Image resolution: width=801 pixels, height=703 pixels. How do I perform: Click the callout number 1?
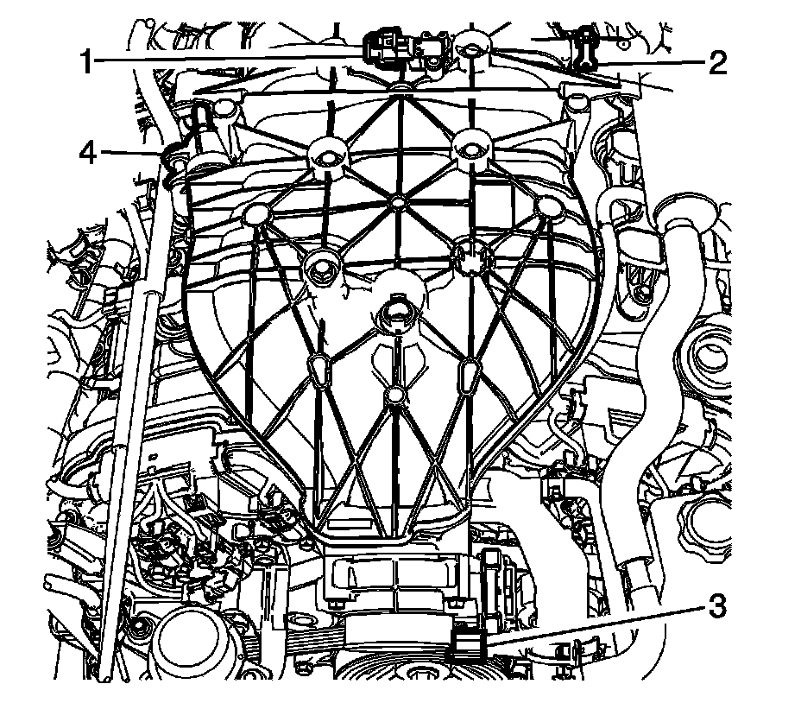coord(86,61)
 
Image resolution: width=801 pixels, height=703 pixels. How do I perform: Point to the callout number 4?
coord(86,154)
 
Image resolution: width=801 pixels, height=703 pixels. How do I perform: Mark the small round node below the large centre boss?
coord(395,395)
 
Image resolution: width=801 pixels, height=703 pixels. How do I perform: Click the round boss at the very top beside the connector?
coord(469,50)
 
